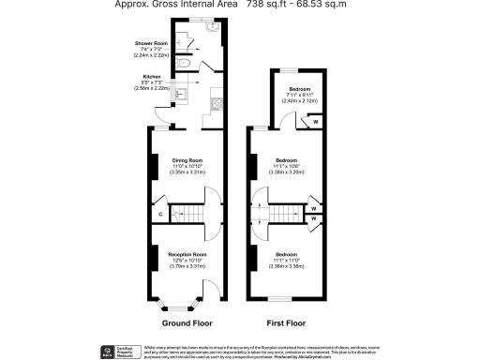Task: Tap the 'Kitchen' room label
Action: [151, 75]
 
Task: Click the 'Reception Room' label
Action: [187, 255]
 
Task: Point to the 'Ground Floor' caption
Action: [188, 322]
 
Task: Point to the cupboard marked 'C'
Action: [161, 215]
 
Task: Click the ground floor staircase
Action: [193, 215]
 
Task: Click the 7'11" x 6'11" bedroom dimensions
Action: [299, 97]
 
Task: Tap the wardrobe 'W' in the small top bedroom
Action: [315, 122]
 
